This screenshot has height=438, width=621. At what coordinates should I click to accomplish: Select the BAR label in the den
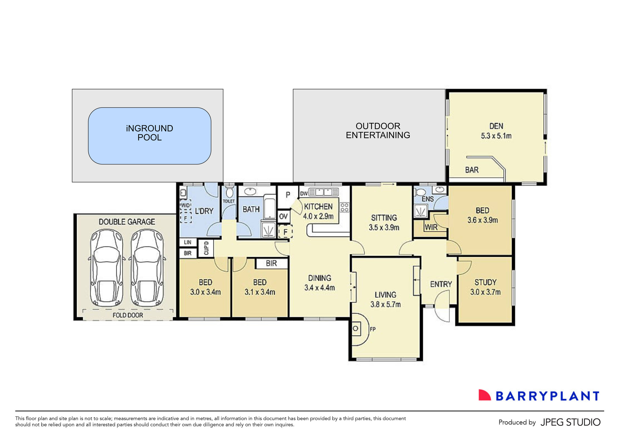tap(472, 170)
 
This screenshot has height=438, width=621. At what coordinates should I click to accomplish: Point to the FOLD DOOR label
tap(128, 315)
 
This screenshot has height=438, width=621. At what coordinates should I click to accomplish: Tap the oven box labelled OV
tap(284, 216)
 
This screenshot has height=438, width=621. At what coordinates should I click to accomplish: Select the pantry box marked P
tap(288, 194)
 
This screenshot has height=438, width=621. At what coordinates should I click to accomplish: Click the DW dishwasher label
tap(304, 193)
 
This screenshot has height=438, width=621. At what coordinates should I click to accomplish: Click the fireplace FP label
tap(373, 329)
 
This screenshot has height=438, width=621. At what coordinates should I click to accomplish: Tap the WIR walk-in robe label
tap(431, 227)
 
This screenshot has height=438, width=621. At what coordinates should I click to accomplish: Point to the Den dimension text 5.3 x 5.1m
tap(496, 136)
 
